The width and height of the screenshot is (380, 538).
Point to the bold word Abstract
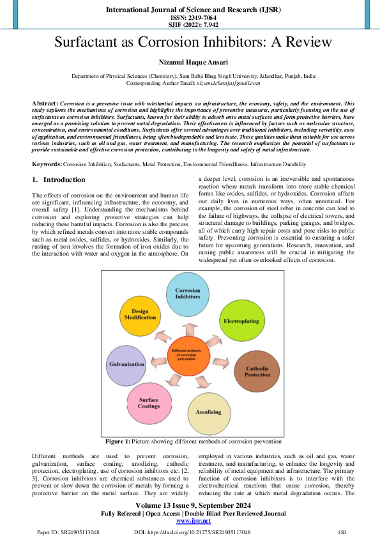[45, 102]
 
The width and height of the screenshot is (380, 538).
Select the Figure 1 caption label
[118, 442]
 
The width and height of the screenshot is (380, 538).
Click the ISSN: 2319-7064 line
[190, 18]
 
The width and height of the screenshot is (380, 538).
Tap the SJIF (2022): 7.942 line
[190, 25]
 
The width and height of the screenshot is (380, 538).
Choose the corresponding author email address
[228, 83]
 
